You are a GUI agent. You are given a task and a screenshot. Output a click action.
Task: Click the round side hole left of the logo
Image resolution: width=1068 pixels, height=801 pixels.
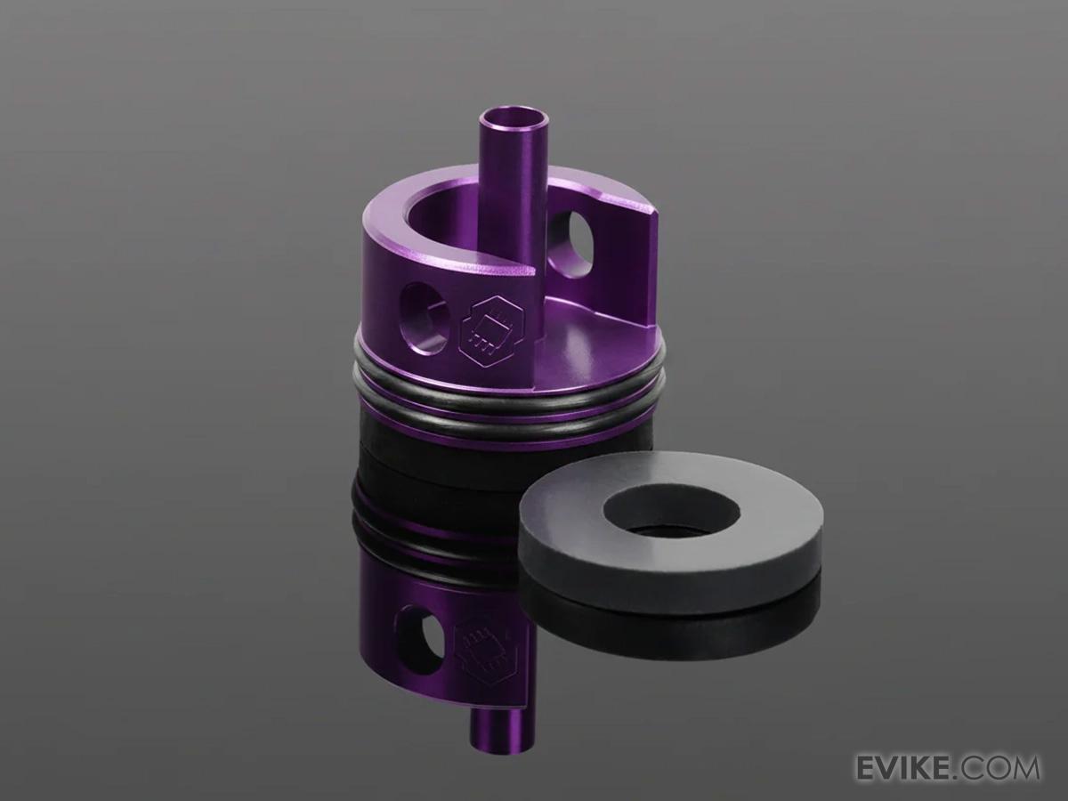click(x=425, y=318)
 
